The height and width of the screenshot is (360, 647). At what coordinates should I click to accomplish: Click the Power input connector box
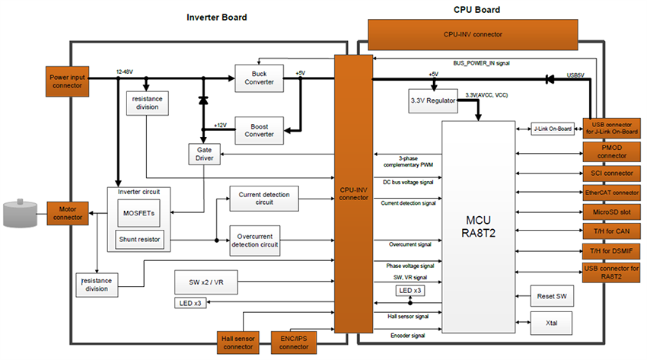tap(68, 81)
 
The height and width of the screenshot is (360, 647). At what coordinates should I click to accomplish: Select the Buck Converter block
tap(259, 78)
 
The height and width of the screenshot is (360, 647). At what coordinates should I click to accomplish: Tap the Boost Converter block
tap(259, 129)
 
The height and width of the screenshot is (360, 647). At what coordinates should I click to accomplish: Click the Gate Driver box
tap(203, 154)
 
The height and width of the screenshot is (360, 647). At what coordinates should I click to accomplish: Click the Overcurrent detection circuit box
tap(254, 241)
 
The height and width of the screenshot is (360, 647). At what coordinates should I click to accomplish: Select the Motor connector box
tap(68, 214)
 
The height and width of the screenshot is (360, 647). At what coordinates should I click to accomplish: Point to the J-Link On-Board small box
tap(552, 129)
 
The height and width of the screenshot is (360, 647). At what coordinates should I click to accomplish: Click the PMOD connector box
tap(614, 151)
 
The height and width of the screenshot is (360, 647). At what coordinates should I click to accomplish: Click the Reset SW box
tap(551, 295)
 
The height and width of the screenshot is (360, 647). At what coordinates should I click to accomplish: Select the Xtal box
tap(551, 323)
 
